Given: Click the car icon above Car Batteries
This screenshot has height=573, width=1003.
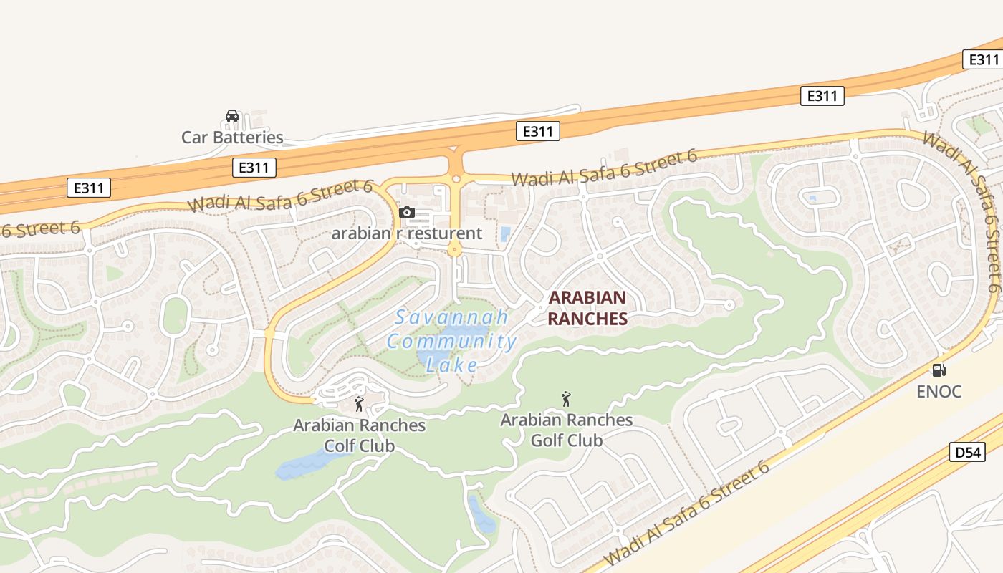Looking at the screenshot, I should [232, 116].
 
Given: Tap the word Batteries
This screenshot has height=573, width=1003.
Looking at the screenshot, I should [247, 137].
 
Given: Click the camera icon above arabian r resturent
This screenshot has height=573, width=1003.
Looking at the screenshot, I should [406, 212].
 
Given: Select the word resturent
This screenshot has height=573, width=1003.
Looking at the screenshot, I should [445, 233].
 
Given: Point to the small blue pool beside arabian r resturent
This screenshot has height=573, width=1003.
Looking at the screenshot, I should [506, 233].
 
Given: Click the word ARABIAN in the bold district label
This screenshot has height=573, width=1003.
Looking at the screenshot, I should [587, 297].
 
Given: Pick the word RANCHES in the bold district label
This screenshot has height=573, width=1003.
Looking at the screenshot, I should [587, 319].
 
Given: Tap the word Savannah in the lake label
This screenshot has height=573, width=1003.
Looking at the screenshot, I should [452, 317].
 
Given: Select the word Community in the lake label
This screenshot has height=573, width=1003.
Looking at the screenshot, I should [452, 341].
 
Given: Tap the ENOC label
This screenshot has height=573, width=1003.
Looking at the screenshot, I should [939, 392].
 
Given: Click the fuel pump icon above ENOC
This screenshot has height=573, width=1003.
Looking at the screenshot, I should [939, 370].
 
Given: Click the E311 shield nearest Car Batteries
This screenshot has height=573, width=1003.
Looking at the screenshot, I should [254, 168].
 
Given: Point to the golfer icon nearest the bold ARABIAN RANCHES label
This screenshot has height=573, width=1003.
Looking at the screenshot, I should [566, 398].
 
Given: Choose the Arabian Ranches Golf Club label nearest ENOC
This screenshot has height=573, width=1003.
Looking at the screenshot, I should [567, 429].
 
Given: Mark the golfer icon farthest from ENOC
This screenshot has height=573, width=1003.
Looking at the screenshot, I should [359, 404].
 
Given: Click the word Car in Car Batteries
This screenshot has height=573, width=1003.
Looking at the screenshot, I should [194, 137].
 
